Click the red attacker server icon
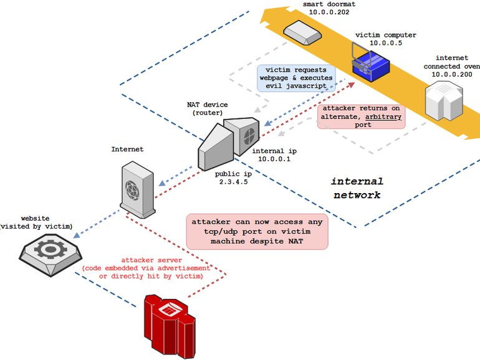pos(170,326)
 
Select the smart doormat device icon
pos(302,32)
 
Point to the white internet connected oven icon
pos(444,100)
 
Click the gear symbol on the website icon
pos(50,249)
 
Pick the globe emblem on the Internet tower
pos(132,190)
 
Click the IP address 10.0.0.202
pos(329,12)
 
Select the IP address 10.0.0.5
pos(386,43)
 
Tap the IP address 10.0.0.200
pos(452,74)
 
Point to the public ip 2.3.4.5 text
pos(233,178)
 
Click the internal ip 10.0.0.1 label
pos(274,154)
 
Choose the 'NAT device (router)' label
pos(207,108)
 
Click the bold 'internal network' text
pos(357,188)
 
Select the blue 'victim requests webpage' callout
pos(296,78)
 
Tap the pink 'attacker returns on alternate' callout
pos(361,116)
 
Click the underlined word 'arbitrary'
pos(383,117)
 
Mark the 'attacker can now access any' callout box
pos(257,232)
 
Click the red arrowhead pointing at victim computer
pos(351,85)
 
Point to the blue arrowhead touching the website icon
pos(77,235)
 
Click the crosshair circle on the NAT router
pos(249,136)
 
